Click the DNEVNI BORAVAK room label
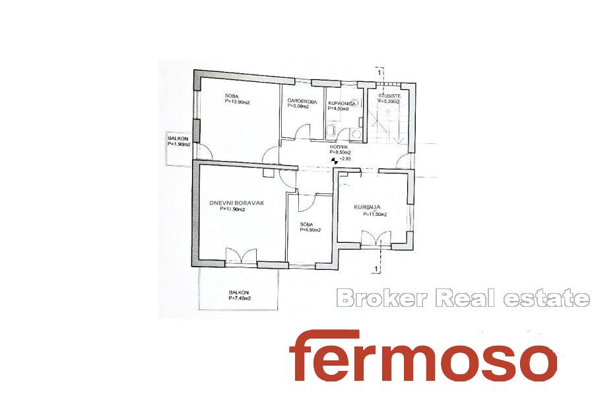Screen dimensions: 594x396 236,203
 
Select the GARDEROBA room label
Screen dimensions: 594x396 302,102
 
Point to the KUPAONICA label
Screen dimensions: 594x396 342,104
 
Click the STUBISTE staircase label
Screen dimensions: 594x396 389,96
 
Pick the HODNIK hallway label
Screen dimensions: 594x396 337,147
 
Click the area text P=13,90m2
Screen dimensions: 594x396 237,102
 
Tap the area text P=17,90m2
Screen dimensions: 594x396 232,209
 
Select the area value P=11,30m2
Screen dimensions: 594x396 375,214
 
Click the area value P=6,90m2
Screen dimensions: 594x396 310,230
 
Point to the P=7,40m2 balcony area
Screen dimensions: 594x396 240,298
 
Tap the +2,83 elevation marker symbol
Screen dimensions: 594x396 334,160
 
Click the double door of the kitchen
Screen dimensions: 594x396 376,239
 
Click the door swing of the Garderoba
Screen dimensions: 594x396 303,132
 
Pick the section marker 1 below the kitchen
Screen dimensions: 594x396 376,269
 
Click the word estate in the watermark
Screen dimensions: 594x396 546,298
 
